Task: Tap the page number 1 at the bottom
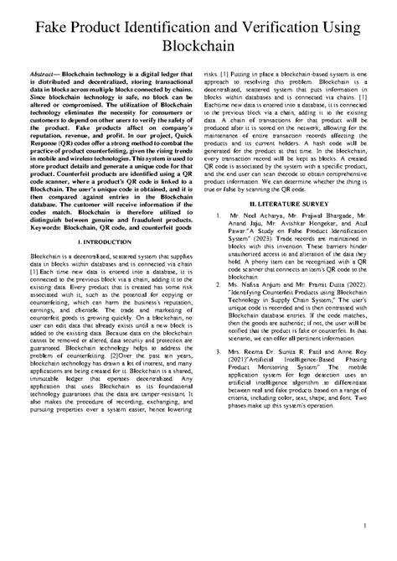(367, 527)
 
